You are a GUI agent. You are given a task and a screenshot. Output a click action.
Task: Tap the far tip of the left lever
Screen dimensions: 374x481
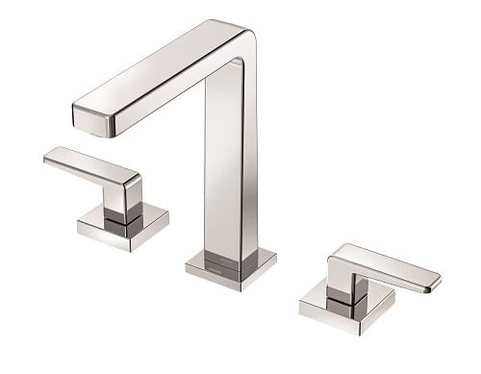pyautogui.click(x=49, y=157)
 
